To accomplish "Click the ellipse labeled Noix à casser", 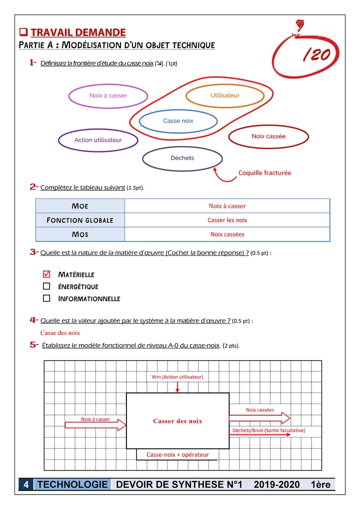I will click(x=108, y=95).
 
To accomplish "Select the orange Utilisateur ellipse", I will click(x=225, y=95).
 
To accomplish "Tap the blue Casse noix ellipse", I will click(x=178, y=121).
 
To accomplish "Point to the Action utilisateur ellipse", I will click(x=98, y=140).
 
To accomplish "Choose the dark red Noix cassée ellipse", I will click(x=268, y=136).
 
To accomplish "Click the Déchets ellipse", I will click(x=182, y=158).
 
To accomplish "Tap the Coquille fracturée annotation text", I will click(x=264, y=173).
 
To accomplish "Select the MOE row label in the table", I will click(x=80, y=206).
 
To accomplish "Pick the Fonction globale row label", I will click(x=80, y=220).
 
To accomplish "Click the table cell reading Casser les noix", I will click(x=227, y=220).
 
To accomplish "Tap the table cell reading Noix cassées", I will click(x=227, y=234).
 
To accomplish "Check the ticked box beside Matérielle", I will click(x=46, y=274).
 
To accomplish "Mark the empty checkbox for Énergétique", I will click(x=46, y=286).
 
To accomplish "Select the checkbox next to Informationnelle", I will click(x=46, y=298).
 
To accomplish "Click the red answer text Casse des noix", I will click(x=60, y=332).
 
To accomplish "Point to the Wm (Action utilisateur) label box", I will click(x=177, y=376).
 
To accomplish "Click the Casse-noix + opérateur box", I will click(x=177, y=454).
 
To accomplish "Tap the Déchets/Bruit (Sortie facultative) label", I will click(x=268, y=430).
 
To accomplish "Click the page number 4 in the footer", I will click(x=26, y=484).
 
